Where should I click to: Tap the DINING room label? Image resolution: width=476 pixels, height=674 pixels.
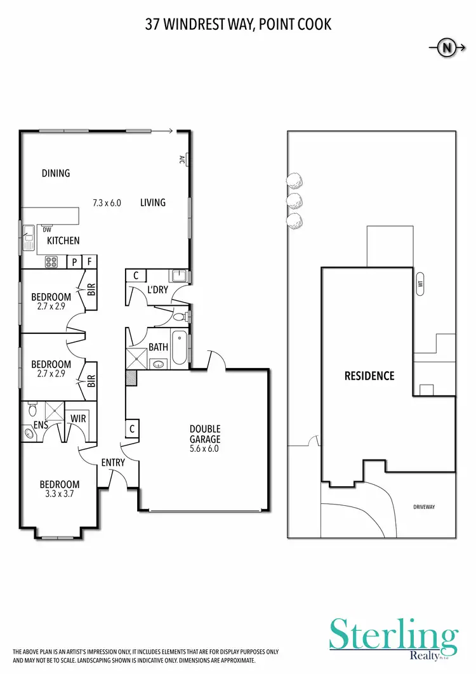click(x=56, y=173)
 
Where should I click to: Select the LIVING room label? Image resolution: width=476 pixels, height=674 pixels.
click(x=153, y=202)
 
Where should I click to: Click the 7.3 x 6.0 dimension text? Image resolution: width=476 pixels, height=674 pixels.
click(x=107, y=203)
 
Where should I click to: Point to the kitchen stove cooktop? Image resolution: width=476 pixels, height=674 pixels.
click(x=51, y=261)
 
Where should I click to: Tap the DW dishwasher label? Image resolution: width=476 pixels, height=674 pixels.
click(x=47, y=230)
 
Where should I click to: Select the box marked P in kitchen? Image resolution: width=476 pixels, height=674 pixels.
click(x=74, y=261)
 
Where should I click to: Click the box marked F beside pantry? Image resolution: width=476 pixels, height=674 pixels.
click(x=90, y=261)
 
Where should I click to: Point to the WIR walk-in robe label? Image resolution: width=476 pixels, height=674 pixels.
click(x=78, y=419)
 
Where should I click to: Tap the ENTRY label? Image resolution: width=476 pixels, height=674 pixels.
click(x=113, y=463)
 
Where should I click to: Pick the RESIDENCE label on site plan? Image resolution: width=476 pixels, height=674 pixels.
click(x=369, y=376)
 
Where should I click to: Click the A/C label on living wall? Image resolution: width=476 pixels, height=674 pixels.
click(x=182, y=159)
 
